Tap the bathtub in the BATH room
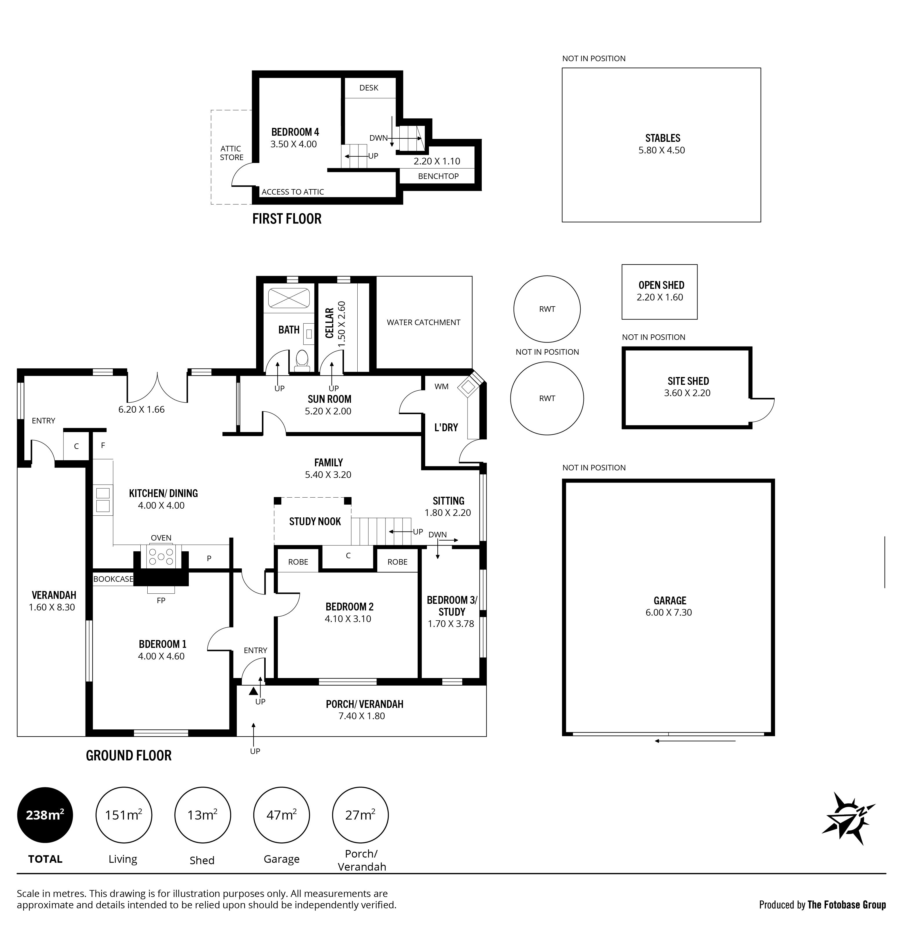point(289,298)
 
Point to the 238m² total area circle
point(45,815)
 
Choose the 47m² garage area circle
point(281,815)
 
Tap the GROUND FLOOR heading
point(128,755)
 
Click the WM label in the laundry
point(441,387)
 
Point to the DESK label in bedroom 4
point(369,88)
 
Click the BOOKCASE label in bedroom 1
point(113,579)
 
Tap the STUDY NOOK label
point(315,521)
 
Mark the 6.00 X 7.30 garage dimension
point(669,612)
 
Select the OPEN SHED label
point(661,285)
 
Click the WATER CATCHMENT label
point(423,322)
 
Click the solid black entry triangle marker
point(253,692)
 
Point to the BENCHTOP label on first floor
point(438,176)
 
